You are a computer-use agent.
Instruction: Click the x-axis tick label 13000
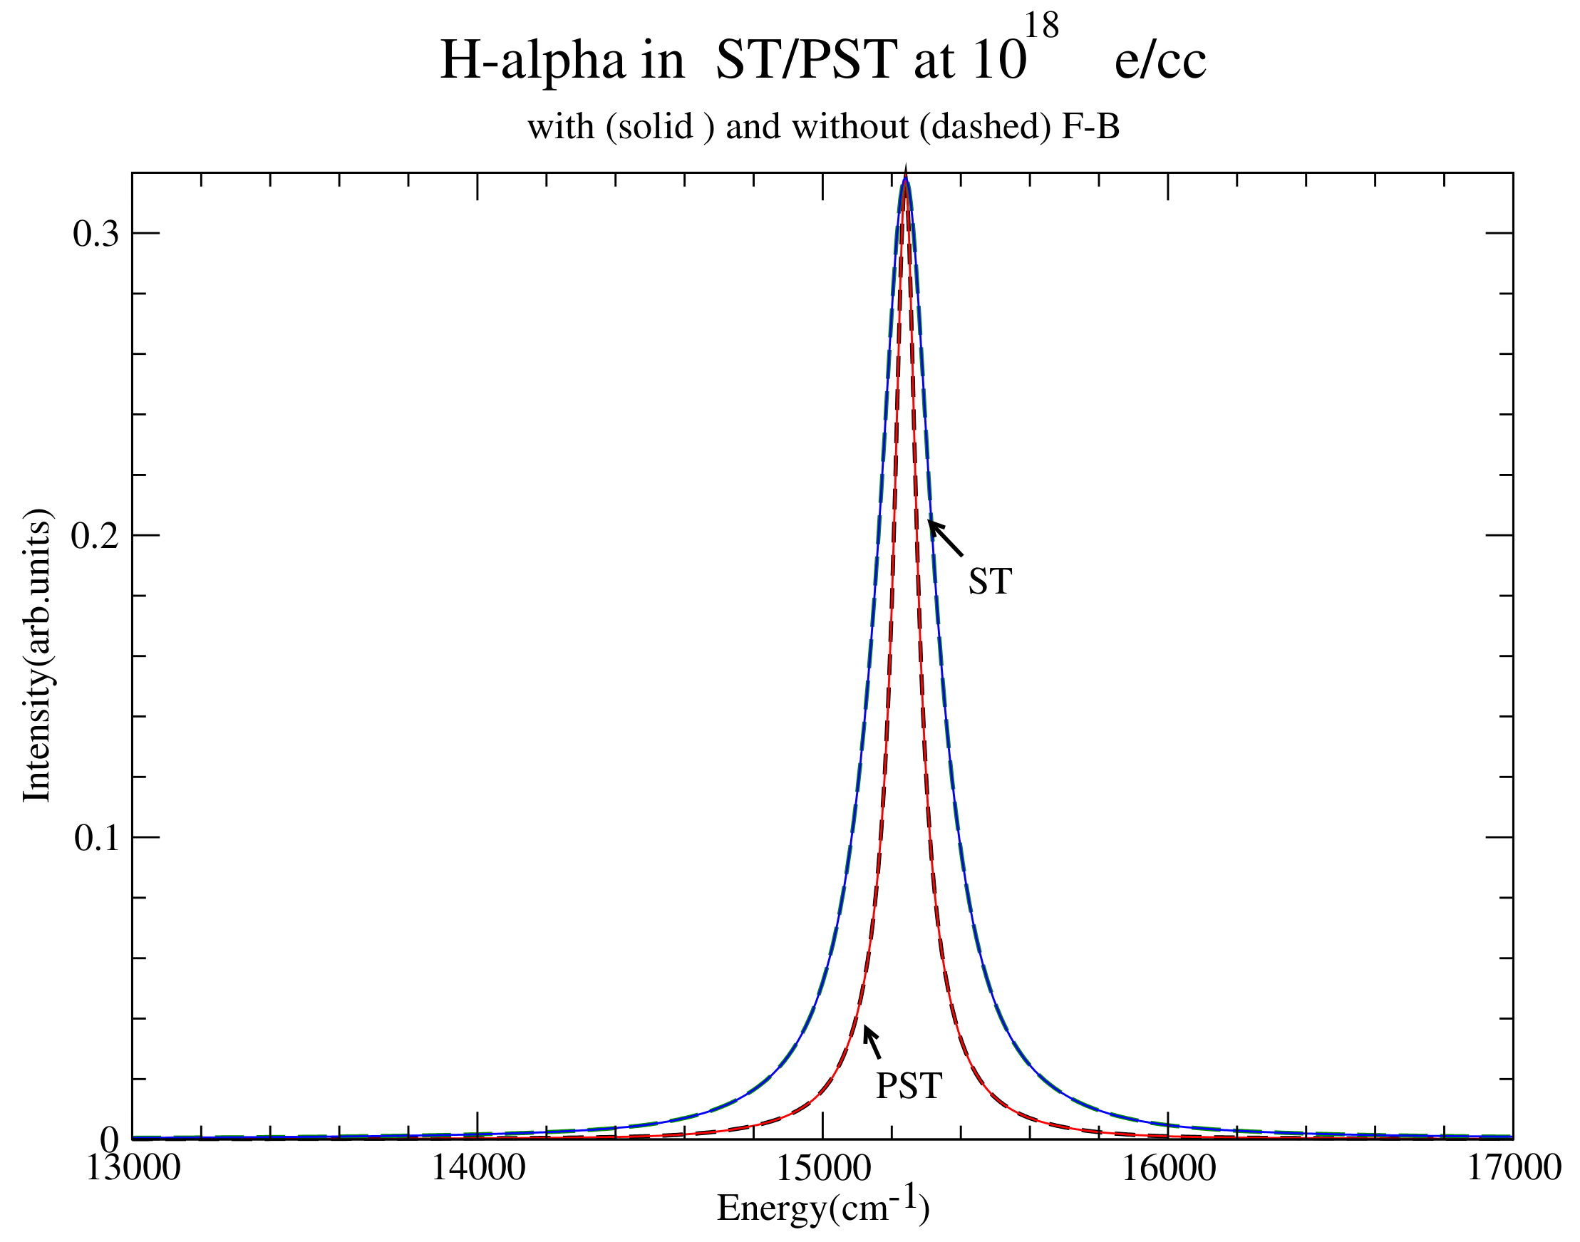[133, 1169]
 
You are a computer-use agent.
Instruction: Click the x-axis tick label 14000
[477, 1169]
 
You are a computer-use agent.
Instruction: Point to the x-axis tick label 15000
[823, 1169]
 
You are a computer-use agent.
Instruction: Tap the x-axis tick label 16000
[1169, 1169]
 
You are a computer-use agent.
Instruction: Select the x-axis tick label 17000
[1513, 1169]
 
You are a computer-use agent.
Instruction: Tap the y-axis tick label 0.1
[96, 839]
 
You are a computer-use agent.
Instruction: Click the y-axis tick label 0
[109, 1139]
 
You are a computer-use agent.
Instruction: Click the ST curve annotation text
[990, 581]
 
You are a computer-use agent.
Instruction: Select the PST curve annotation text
[909, 1087]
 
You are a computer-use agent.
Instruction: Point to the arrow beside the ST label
[945, 539]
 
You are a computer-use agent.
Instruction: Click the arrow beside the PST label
[872, 1042]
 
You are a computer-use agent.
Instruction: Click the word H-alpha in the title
[532, 61]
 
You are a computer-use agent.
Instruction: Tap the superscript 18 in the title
[1041, 26]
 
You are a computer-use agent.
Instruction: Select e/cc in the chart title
[1160, 61]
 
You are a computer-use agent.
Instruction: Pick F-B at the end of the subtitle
[1090, 128]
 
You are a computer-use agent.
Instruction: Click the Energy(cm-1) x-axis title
[823, 1207]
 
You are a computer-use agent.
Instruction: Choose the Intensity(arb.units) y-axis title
[36, 655]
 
